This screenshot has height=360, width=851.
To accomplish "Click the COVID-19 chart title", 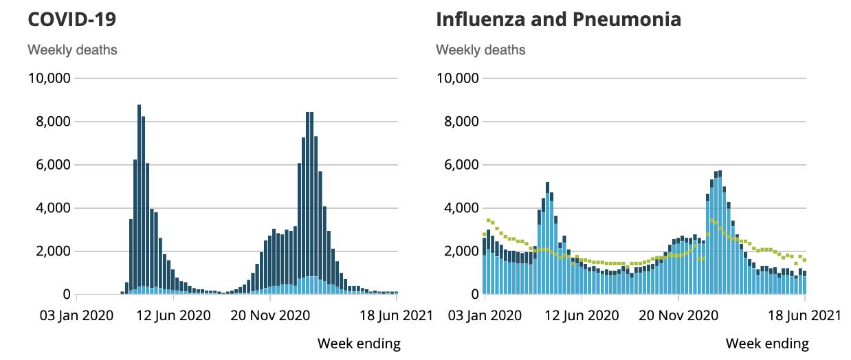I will point(71,19).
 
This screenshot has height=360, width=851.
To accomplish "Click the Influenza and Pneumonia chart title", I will point(558,19).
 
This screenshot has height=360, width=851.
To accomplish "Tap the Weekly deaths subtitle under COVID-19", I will point(72,50).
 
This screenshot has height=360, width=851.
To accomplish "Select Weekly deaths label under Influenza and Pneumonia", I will point(480,50).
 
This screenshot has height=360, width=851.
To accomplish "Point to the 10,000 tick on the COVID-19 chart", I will point(49,78).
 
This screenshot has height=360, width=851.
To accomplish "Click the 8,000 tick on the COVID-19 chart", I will point(53,122).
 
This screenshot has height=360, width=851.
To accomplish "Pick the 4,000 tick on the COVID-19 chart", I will point(53,208).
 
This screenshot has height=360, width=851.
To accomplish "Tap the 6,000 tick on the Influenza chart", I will point(461,165).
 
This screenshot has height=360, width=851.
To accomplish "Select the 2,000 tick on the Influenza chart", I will point(461,251).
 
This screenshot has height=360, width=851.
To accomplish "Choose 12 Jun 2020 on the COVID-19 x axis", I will point(173,316).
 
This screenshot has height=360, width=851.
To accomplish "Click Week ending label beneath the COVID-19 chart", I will point(359,343).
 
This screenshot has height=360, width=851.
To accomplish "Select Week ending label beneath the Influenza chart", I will point(767,343).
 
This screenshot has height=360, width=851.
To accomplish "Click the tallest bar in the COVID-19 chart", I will point(139,199).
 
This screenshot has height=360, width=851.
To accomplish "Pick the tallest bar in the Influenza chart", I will point(719,234).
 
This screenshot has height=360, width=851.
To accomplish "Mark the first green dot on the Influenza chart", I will point(485,235).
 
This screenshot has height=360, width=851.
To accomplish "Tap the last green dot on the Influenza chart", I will point(804,260).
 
